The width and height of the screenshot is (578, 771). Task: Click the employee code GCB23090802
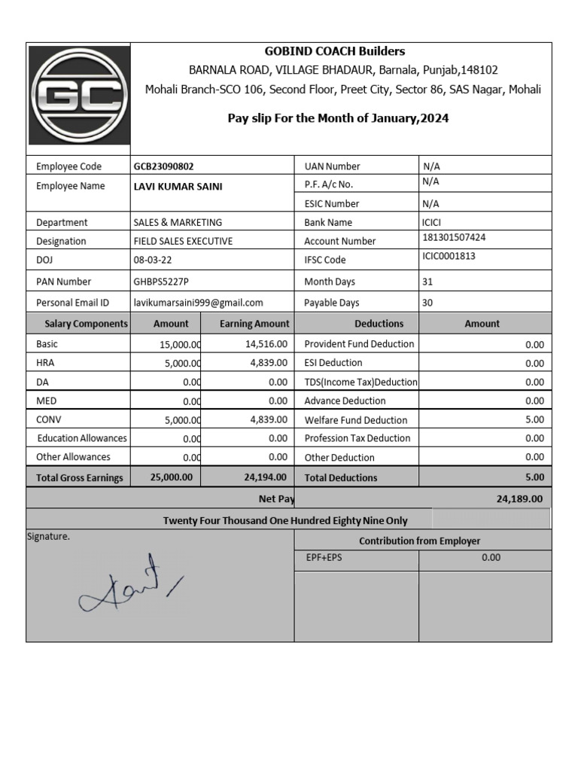click(169, 166)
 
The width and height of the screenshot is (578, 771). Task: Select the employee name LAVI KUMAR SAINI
click(178, 187)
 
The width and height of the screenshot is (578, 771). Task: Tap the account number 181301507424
click(454, 238)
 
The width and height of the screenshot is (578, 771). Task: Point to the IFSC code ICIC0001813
click(449, 257)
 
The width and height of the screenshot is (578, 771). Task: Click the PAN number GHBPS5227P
click(161, 282)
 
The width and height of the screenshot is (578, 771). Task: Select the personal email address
click(198, 303)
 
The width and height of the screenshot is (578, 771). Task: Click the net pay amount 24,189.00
click(519, 498)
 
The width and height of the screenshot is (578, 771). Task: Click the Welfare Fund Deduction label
click(355, 420)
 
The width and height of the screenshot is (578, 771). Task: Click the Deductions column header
click(379, 324)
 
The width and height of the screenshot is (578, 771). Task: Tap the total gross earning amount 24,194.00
click(265, 477)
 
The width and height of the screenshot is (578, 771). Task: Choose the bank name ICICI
click(434, 223)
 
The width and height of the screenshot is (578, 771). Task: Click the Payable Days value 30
click(427, 303)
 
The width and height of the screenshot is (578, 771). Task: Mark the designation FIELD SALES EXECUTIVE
click(183, 242)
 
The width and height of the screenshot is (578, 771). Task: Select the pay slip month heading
click(338, 118)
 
